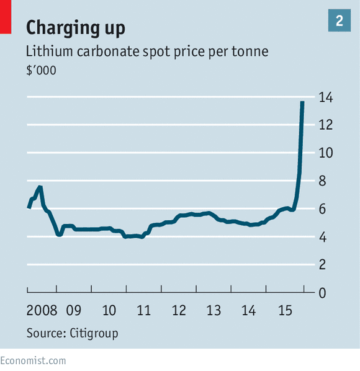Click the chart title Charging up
point(76,28)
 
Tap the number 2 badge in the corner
point(339,20)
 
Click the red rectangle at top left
point(6,17)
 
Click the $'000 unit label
point(41,70)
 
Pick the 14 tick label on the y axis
point(326,97)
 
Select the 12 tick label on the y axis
point(326,125)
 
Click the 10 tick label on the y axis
point(326,153)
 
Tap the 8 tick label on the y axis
point(322,181)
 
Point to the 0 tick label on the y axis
point(322,293)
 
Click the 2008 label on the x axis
point(42,310)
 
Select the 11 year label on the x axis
point(143,310)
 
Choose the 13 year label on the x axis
point(214,310)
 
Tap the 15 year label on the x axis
point(286,310)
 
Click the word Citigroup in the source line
point(94,333)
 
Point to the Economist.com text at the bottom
point(33,361)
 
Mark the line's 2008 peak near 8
point(40,187)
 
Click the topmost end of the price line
point(302,102)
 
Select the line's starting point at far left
point(29,208)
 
